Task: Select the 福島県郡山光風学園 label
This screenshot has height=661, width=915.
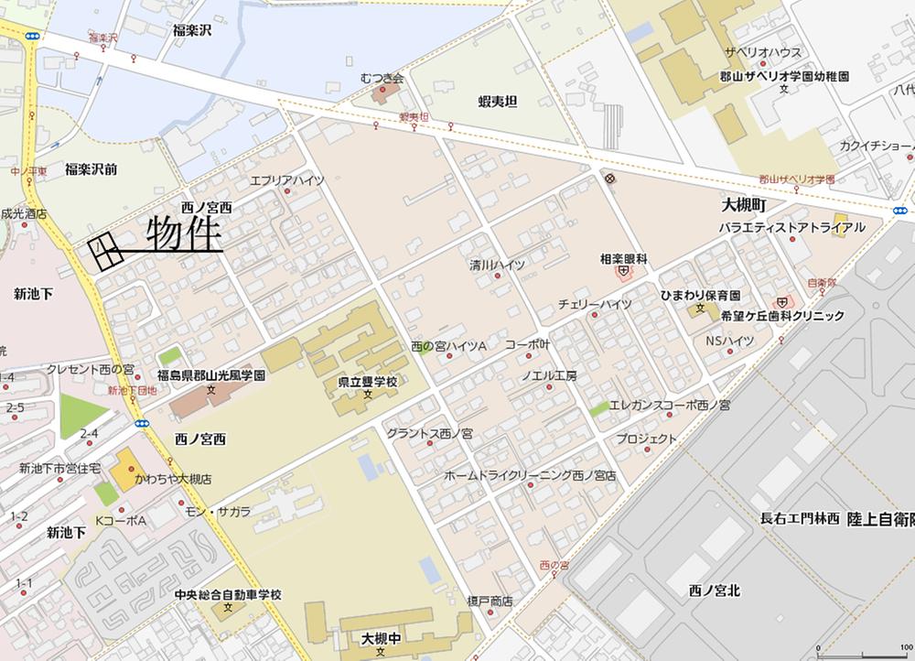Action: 211,375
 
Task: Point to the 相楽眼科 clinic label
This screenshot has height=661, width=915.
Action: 623,259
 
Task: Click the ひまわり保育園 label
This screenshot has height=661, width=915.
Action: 700,296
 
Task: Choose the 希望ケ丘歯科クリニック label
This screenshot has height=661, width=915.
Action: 782,316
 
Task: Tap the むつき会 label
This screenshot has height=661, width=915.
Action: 382,79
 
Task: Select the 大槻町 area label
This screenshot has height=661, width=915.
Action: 743,207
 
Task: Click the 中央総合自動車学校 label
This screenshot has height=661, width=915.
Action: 228,594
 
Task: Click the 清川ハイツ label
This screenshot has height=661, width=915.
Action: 497,265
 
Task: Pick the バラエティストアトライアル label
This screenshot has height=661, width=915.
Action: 791,226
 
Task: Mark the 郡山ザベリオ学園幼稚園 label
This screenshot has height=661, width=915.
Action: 784,77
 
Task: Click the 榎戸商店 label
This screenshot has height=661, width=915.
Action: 489,601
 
